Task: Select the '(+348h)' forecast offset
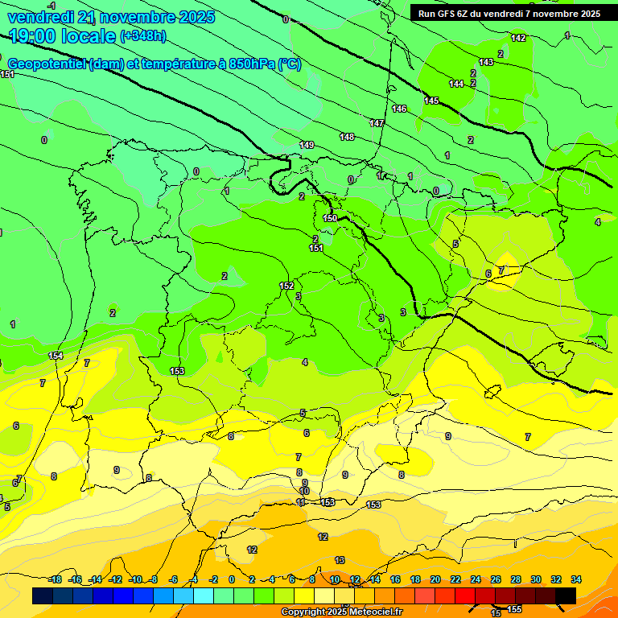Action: pos(143,36)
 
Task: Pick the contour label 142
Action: pos(518,38)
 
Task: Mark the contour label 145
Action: pos(431,101)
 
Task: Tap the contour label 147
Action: pos(377,123)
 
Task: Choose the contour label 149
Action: pos(307,145)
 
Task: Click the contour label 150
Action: pos(330,218)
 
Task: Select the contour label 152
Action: pos(286,286)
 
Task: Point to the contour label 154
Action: pos(56,356)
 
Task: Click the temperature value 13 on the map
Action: pos(340,560)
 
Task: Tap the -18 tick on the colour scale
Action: pos(56,579)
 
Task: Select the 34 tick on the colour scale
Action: pos(576,579)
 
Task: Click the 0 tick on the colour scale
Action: pos(232,579)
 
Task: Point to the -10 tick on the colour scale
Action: pos(135,579)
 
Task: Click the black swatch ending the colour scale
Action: pos(566,595)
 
